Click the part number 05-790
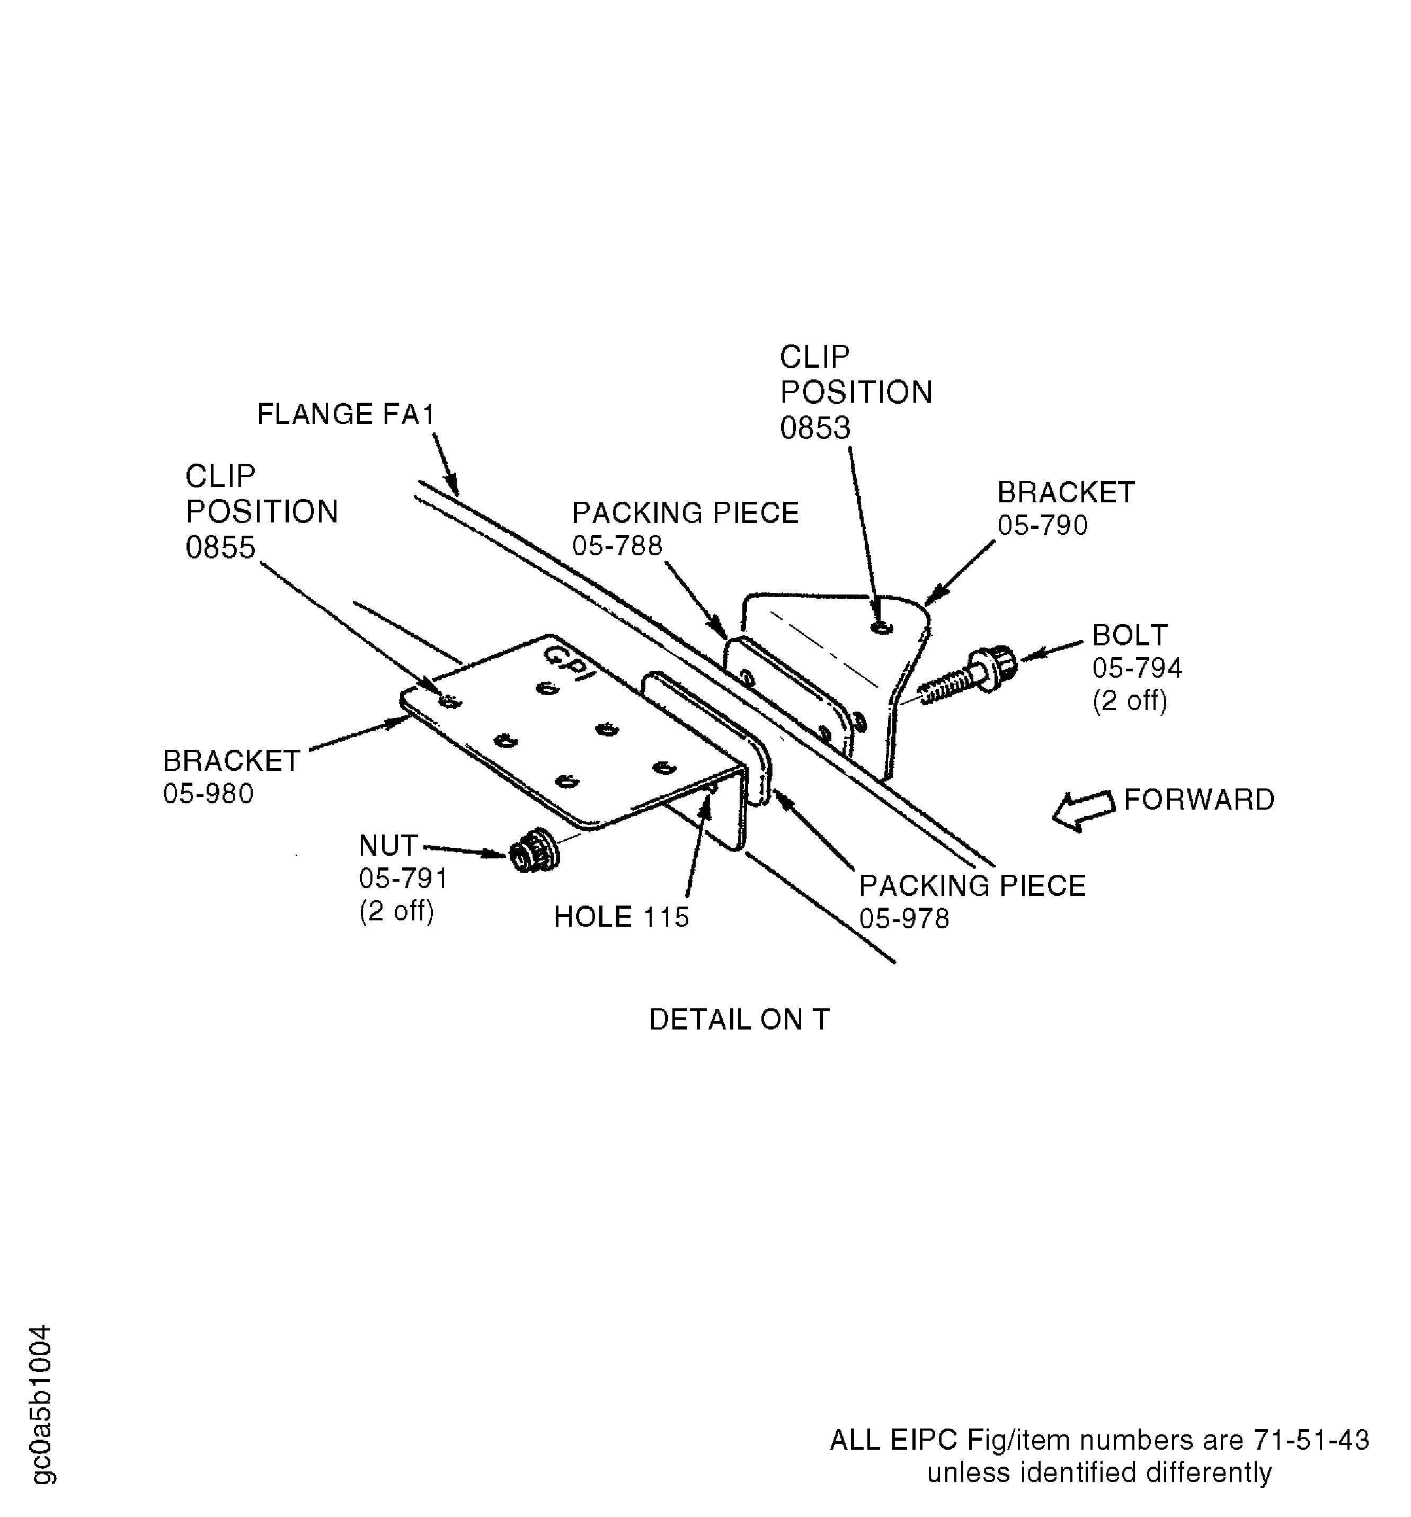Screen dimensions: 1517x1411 [1042, 526]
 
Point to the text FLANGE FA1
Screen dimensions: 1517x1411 [345, 414]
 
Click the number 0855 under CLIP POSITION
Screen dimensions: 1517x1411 [220, 548]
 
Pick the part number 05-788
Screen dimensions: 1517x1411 [617, 546]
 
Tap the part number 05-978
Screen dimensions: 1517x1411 [904, 919]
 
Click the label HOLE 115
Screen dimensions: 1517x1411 [621, 917]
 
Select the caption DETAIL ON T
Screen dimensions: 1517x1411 [739, 1020]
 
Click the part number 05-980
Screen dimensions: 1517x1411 [208, 794]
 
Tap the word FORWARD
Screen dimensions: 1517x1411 [1199, 800]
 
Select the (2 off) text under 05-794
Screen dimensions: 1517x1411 [1130, 700]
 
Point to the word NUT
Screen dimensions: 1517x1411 [388, 846]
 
